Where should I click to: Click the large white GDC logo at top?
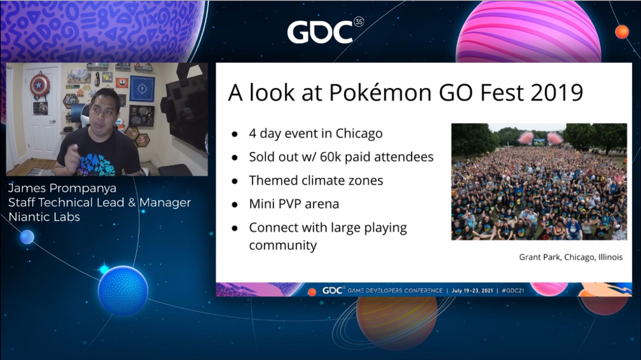[x=320, y=32]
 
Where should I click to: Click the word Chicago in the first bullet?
[x=359, y=133]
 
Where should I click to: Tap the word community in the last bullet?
[x=283, y=245]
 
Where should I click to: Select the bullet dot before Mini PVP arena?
[x=235, y=205]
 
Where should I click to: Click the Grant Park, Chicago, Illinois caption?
[x=571, y=257]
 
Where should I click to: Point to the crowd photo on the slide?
[x=539, y=182]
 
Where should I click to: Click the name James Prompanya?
[x=62, y=188]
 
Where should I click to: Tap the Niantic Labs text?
[x=44, y=217]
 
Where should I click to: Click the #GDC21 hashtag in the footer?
[x=513, y=290]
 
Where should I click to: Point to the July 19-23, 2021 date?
[x=472, y=290]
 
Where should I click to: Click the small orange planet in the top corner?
[x=622, y=32]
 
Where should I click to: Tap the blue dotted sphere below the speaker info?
[x=123, y=290]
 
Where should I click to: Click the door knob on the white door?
[x=53, y=122]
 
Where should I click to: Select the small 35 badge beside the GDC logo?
[x=359, y=22]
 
